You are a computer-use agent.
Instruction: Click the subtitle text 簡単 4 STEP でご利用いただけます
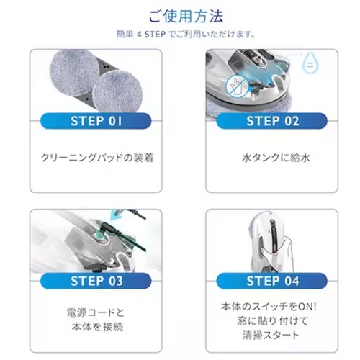click(179, 34)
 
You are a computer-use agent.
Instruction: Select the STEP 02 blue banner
click(271, 120)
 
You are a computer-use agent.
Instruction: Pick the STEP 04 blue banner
click(271, 280)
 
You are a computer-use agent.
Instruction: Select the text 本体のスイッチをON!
click(271, 306)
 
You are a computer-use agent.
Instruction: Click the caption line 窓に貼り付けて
click(271, 320)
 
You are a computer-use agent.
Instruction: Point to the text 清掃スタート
click(271, 336)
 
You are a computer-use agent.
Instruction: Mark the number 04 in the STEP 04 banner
click(288, 280)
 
